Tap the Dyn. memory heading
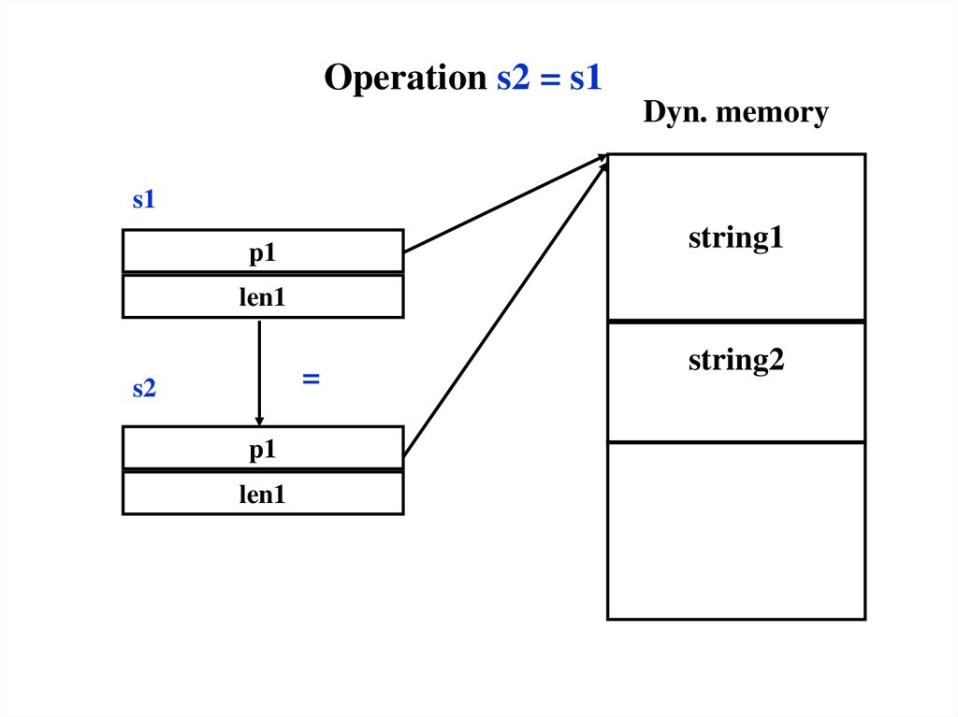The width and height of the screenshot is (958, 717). coord(735,113)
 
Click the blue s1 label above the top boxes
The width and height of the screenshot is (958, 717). coord(143,199)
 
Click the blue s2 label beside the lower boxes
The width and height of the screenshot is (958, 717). coord(143,389)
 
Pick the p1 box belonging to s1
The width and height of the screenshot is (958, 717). coord(262,251)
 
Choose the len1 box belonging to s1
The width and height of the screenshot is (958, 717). coord(262,297)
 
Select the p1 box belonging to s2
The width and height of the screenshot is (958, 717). coord(262,449)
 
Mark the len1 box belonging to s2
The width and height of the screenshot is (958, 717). coord(262,494)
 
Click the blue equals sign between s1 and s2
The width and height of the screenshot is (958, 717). coord(311,379)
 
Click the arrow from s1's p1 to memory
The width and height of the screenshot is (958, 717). coord(505,204)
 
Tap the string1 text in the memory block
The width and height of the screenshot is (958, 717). coord(735,237)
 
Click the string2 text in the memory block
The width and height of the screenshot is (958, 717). coord(735,359)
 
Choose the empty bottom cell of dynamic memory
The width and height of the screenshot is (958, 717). coord(735,530)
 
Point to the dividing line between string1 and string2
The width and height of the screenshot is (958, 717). coord(735,322)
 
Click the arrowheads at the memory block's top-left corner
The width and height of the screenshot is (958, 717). coord(602,161)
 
